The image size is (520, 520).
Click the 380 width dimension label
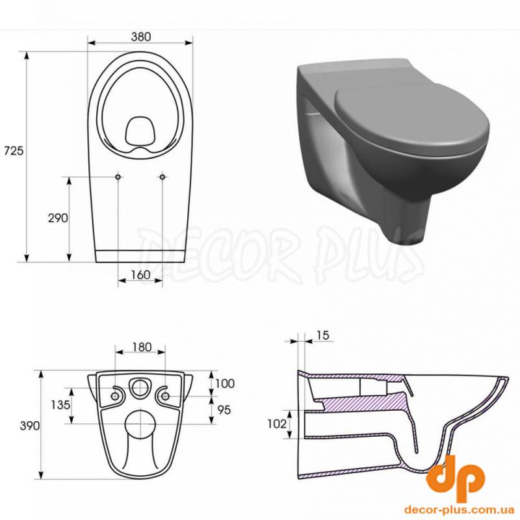140,36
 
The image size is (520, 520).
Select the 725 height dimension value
14,151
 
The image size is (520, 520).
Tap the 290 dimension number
58,218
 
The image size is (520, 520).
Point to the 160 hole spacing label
140,275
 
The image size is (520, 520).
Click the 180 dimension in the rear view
142,347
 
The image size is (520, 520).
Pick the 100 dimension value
225,383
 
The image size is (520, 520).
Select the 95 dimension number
224,410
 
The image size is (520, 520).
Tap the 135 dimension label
60,405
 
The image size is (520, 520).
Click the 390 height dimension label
30,426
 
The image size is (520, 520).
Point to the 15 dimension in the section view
322,335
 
